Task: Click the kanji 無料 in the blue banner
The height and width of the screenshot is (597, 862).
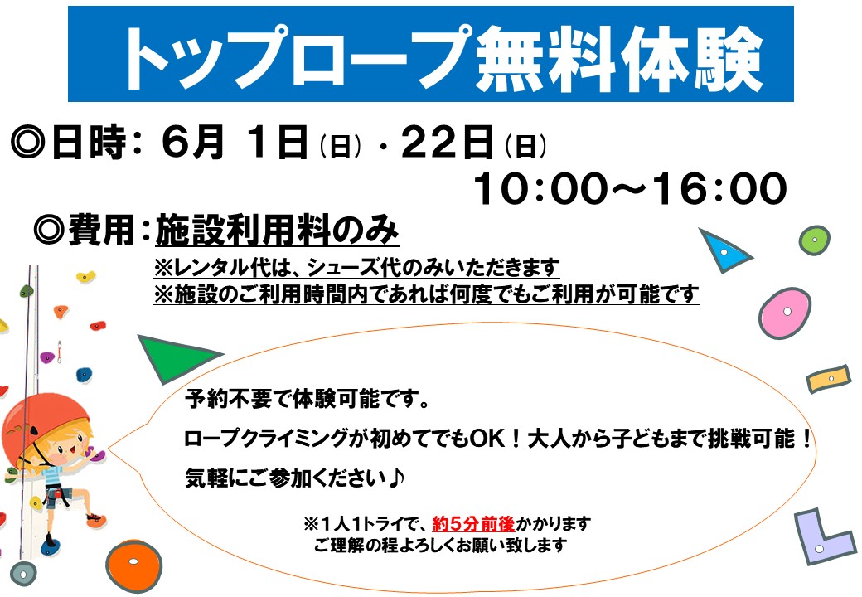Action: (545, 58)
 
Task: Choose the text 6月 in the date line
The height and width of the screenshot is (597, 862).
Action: (193, 142)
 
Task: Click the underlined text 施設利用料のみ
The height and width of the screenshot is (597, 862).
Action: (277, 230)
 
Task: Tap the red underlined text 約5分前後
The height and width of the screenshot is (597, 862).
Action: (473, 524)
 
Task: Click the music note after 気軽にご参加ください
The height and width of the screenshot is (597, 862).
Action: (396, 478)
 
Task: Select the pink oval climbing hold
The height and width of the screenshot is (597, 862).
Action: (784, 313)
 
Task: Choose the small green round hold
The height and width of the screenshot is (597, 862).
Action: (814, 240)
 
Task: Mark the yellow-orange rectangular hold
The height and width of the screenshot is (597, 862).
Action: (829, 379)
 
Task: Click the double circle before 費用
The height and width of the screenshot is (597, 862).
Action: (50, 230)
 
